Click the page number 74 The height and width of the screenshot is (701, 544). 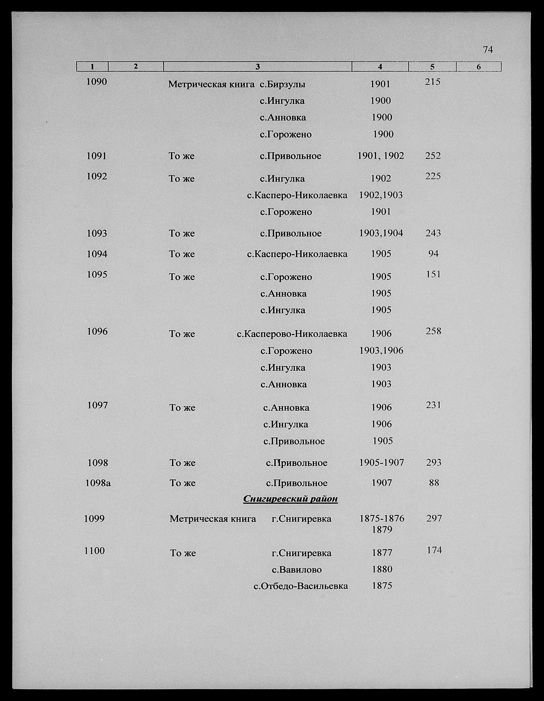pos(487,50)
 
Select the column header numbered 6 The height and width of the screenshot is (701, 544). pos(478,67)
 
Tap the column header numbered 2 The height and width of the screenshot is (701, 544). pos(136,66)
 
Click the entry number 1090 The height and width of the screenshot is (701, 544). pos(97,82)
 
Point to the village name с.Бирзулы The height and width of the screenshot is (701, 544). pos(282,85)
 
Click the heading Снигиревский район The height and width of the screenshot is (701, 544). pos(290,499)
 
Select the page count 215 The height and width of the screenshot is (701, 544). pos(433,82)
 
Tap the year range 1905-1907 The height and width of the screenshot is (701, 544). pos(382,462)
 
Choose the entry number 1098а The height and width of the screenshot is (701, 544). pos(98,483)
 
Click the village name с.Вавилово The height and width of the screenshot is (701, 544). pos(297,569)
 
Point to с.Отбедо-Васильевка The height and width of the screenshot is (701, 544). pos(301,586)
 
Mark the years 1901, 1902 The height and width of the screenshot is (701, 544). pos(381,156)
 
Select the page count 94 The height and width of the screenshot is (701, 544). pos(433,254)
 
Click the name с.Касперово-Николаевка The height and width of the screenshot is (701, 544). pos(292,334)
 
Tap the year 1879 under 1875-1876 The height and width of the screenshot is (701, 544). pos(382,529)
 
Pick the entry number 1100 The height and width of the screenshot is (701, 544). pos(94,551)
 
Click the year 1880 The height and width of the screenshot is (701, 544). pos(382,569)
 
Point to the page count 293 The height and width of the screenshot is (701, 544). pos(434,462)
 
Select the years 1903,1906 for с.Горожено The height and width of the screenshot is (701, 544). pos(381,350)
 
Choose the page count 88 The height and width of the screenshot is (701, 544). pos(434,483)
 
